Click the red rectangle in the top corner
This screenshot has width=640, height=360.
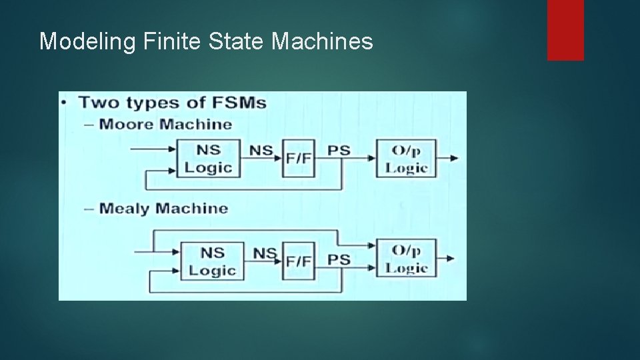tap(565, 29)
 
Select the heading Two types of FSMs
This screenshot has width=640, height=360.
tap(173, 103)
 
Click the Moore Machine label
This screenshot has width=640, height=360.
tap(165, 124)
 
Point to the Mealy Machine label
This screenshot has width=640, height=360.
tap(163, 208)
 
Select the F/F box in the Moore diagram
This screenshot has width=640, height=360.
tap(298, 159)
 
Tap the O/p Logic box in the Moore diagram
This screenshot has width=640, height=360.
tap(406, 158)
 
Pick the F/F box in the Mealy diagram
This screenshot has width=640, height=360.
tap(298, 261)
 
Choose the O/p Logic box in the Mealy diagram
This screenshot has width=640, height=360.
tap(407, 259)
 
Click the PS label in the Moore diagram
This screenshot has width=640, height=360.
tap(339, 150)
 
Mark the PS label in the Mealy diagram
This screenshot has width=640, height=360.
tap(339, 259)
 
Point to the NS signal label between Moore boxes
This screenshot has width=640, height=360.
tap(261, 150)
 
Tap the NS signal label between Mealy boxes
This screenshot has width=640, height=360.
tap(264, 253)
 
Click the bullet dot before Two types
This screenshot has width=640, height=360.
tap(64, 103)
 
